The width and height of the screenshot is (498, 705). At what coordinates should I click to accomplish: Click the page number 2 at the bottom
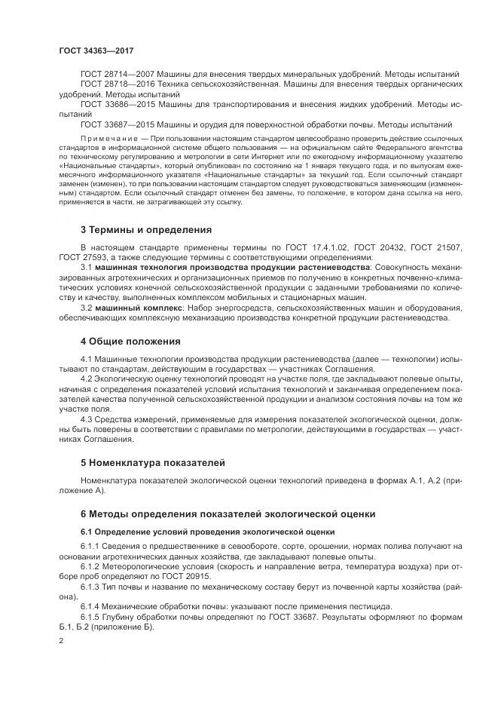pos(62,641)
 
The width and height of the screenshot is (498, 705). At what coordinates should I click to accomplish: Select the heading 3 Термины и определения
pos(145,228)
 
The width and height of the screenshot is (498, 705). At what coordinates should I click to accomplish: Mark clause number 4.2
pos(86,379)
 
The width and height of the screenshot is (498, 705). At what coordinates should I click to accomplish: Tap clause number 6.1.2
pos(89,566)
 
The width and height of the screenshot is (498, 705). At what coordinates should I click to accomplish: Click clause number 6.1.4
pos(89,605)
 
